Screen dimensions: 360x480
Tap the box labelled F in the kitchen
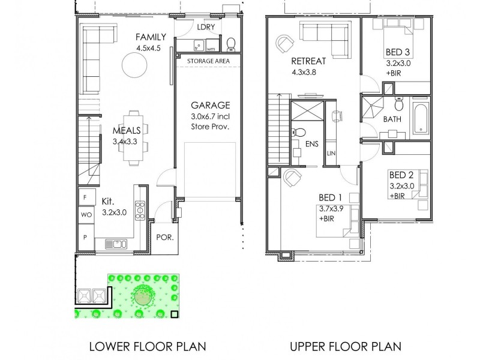(85, 197)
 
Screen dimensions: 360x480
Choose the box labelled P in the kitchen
(85, 237)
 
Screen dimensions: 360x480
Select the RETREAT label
(308, 61)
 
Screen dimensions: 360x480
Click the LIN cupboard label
(331, 154)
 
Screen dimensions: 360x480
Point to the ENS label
(312, 144)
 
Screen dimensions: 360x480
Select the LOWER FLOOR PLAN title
(147, 346)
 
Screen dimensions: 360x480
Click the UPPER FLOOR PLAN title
(345, 346)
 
